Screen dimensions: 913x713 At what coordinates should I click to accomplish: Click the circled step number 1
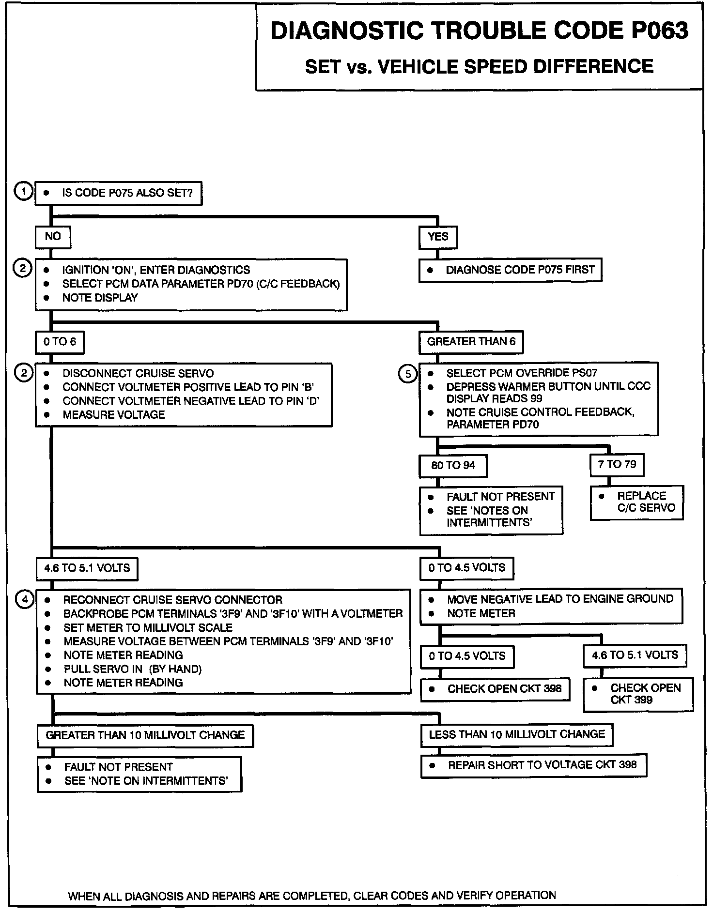point(23,192)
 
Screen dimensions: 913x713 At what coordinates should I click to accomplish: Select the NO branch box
point(53,237)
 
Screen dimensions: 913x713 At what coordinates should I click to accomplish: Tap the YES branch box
point(438,237)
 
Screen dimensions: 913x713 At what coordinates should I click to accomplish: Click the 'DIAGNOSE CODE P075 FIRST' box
point(510,270)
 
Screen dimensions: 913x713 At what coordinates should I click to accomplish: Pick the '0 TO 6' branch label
point(60,342)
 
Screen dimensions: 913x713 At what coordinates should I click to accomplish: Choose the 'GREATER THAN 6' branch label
point(471,342)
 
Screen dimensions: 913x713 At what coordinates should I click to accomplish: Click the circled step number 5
point(408,374)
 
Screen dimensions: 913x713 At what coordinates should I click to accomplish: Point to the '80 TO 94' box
point(453,466)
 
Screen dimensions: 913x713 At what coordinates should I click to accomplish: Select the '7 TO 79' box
point(617,465)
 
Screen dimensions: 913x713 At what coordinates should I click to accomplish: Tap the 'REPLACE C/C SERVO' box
point(636,502)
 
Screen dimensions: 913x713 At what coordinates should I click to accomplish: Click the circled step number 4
point(25,600)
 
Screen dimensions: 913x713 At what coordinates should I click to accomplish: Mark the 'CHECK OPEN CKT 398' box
point(495,689)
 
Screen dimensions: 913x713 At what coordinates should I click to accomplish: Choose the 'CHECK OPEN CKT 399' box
point(638,694)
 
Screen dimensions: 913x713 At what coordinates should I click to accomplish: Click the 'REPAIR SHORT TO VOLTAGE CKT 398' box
point(533,765)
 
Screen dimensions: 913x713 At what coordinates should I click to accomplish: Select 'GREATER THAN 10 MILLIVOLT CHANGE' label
point(145,735)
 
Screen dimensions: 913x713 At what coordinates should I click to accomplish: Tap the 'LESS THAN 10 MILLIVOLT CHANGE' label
point(516,735)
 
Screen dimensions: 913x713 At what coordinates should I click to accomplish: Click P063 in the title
point(659,31)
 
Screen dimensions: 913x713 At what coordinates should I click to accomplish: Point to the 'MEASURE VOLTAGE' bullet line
point(114,415)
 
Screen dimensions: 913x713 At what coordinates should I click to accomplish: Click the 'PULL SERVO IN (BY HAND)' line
point(132,670)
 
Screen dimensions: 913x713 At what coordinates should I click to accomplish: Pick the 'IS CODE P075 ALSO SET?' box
point(119,193)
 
